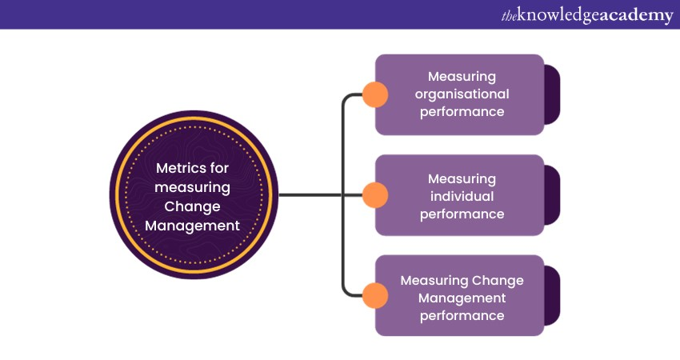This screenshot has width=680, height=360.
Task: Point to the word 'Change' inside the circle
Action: [193, 206]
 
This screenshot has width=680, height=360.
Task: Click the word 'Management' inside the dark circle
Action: [193, 226]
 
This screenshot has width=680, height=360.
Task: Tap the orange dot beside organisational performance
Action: [374, 95]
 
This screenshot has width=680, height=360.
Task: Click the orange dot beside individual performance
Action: [374, 195]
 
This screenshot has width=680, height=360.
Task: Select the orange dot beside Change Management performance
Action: [374, 295]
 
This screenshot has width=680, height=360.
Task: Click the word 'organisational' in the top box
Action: [462, 94]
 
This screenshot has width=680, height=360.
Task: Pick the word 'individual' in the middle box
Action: [462, 196]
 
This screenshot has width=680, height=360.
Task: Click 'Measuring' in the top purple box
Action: [462, 76]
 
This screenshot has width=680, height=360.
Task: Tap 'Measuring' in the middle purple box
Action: [462, 178]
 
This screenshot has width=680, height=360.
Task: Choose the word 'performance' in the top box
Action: [462, 111]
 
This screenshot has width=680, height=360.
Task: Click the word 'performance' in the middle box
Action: [462, 214]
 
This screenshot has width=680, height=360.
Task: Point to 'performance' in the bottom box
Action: [462, 315]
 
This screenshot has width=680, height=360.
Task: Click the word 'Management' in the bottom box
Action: [462, 298]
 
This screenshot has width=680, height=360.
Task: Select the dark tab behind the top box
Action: [552, 95]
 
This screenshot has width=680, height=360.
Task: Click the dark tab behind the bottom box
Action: [552, 295]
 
